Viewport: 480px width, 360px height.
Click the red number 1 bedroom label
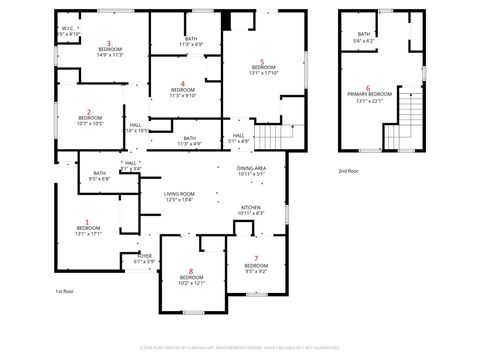pos(87,222)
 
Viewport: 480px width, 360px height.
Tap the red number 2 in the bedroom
pos(89,112)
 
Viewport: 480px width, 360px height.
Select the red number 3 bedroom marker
pos(109,42)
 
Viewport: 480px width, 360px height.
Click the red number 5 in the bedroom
pos(262,61)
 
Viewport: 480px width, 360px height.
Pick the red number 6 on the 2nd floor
pos(368,87)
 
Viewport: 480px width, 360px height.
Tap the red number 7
pos(255,259)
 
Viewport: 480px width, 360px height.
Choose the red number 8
pos(190,271)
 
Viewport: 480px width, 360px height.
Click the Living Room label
pos(179,193)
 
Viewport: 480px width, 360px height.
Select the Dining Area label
pos(251,167)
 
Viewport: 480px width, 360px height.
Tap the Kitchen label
pos(251,207)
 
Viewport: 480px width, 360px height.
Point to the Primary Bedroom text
pos(368,94)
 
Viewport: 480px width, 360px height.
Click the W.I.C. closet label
pos(68,28)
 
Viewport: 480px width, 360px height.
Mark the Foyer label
pos(145,256)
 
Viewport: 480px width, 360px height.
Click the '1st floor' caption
pos(65,290)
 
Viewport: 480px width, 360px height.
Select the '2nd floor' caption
pos(348,172)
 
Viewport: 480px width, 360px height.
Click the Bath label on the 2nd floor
pos(364,34)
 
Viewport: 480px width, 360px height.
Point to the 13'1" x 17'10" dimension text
pos(262,74)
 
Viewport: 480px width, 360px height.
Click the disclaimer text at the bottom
pos(239,347)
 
